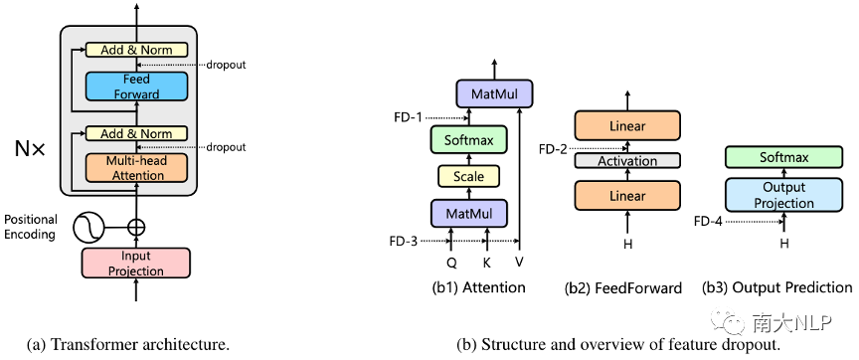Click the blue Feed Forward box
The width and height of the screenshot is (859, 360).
136,87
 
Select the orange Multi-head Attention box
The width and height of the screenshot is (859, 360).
136,168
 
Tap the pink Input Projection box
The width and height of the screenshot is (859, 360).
135,263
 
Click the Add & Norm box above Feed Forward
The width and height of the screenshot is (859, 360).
136,50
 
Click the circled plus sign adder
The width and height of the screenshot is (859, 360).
135,227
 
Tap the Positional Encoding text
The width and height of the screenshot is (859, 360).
31,227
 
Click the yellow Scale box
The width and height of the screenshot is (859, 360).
468,176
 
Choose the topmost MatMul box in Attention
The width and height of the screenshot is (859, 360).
494,94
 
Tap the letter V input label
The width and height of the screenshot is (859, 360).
519,264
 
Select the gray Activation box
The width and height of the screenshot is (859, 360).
627,160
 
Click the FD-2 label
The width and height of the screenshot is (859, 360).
555,148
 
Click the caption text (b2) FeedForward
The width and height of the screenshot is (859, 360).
623,288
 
